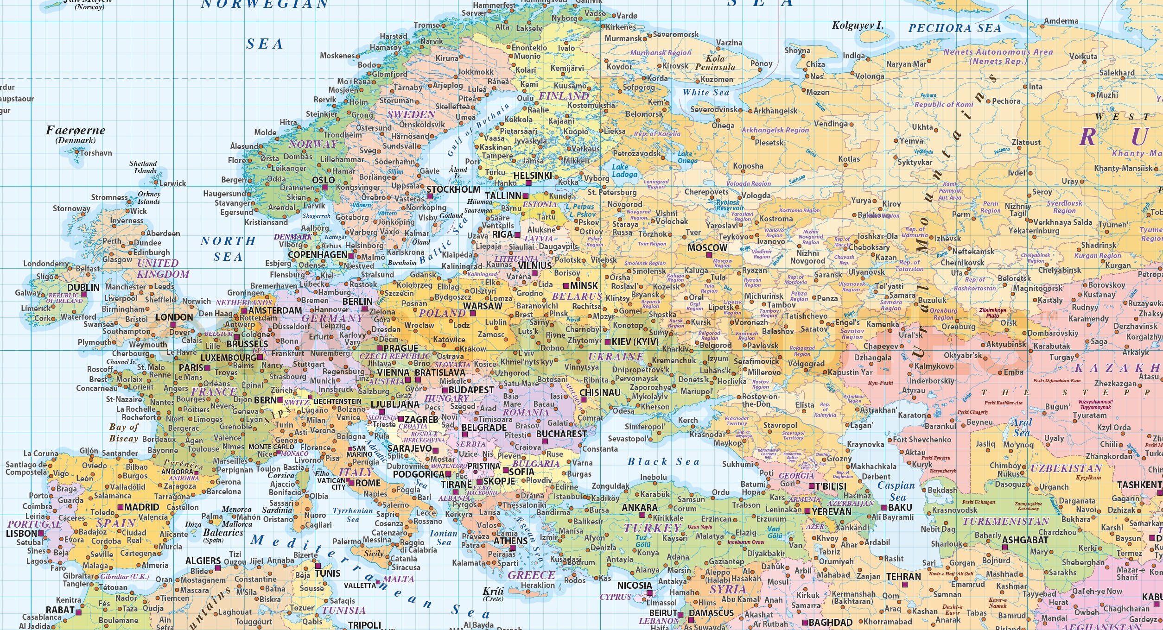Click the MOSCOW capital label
tap(707, 247)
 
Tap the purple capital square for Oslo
tap(325, 188)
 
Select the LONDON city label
tap(174, 317)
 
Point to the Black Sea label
tap(663, 461)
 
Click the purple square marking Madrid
tap(120, 507)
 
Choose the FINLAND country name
tap(564, 96)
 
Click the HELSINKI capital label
tap(533, 176)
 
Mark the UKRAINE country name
tap(616, 357)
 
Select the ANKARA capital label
tap(640, 508)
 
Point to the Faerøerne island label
tap(76, 130)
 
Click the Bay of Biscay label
tap(124, 433)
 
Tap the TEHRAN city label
tap(903, 577)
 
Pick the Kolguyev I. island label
tap(858, 25)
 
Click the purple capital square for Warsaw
tap(473, 313)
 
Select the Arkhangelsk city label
tap(775, 111)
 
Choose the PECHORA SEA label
tap(955, 28)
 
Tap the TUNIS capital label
tap(328, 573)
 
